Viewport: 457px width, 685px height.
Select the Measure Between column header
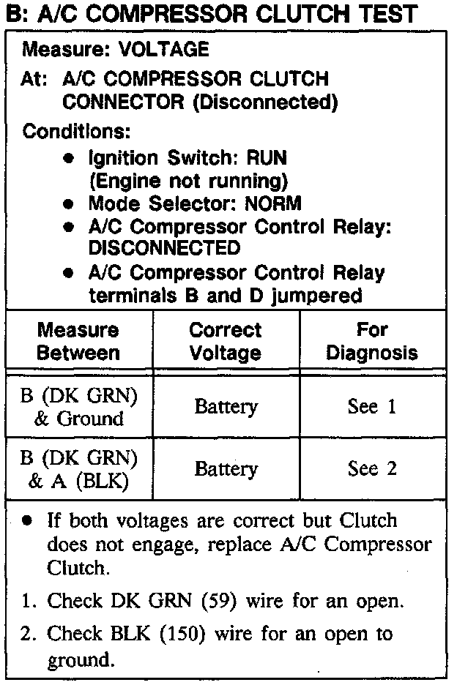(x=78, y=341)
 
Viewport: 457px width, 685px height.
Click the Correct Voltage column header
(x=226, y=341)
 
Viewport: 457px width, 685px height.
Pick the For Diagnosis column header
(x=372, y=341)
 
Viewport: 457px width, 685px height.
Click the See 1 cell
(x=372, y=407)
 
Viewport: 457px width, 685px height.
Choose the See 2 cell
(x=372, y=469)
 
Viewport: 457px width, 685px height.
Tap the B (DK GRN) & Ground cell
(x=78, y=407)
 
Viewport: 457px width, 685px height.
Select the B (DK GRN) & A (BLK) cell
(x=78, y=469)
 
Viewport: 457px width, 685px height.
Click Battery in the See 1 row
(x=226, y=407)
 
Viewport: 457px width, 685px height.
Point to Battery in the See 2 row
(x=226, y=469)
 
